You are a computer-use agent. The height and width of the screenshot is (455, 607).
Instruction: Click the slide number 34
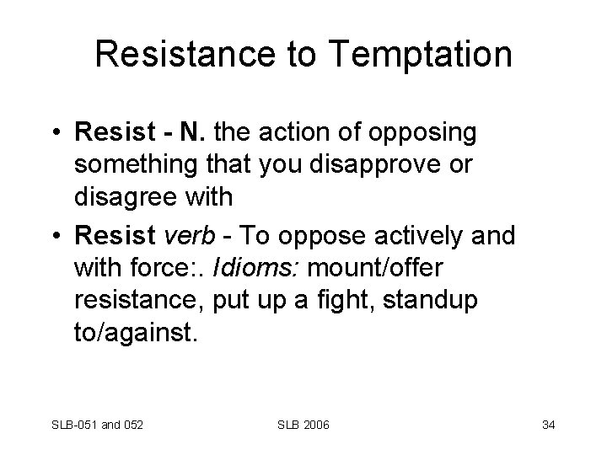coord(548,423)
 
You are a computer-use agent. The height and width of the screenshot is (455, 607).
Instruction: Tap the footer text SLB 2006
coord(303,423)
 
